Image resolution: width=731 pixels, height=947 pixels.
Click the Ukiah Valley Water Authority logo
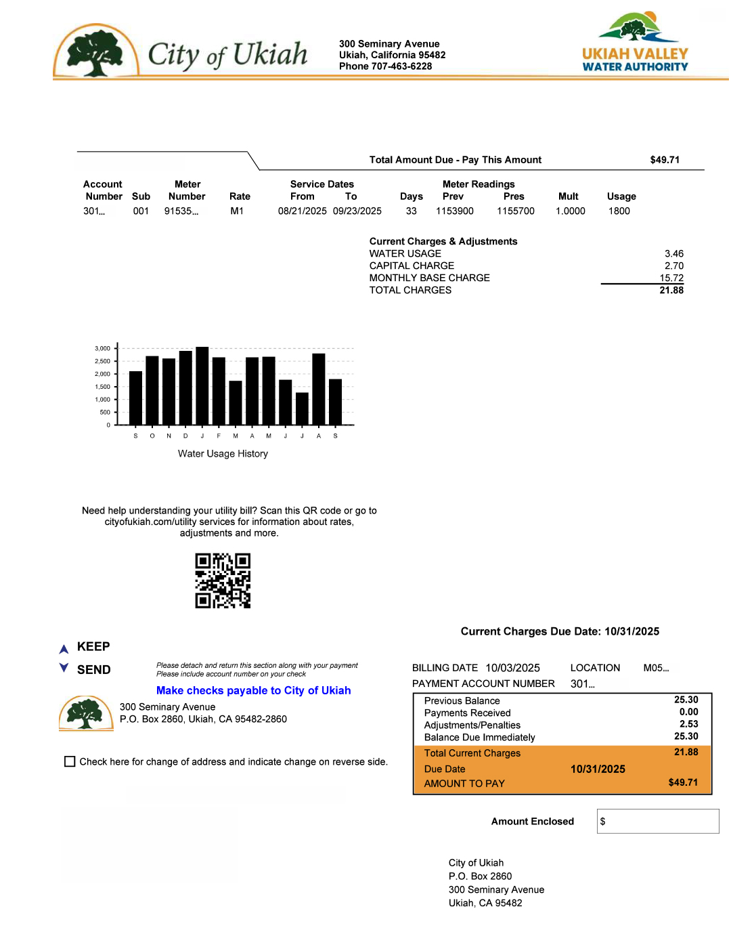[x=635, y=42]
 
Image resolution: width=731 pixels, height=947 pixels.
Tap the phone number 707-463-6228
[x=401, y=66]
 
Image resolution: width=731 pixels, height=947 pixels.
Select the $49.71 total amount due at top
[x=665, y=160]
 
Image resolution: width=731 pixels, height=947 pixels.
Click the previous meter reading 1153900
[x=454, y=211]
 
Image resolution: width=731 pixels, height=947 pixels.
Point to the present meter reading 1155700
[x=515, y=211]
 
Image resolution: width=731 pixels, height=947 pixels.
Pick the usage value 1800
[x=619, y=211]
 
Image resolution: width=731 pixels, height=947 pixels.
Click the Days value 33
[x=411, y=211]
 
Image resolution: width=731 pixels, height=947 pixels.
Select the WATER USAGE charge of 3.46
[x=673, y=254]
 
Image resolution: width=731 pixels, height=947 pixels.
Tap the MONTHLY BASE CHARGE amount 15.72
[x=671, y=278]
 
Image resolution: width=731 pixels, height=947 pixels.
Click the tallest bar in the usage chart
[x=202, y=386]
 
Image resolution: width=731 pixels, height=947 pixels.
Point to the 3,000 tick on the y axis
[x=102, y=349]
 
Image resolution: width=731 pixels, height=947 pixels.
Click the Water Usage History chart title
[x=223, y=454]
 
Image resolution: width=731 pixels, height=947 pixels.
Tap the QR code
[x=223, y=581]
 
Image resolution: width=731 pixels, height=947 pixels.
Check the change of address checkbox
[x=70, y=761]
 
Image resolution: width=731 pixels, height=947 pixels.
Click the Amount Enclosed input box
[x=657, y=821]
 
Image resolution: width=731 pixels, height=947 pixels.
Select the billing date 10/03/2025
[x=512, y=668]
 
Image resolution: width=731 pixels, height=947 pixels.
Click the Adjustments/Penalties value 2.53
[x=688, y=724]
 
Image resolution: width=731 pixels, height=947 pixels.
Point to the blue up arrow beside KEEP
[x=64, y=649]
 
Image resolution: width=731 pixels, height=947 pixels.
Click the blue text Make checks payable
[x=253, y=690]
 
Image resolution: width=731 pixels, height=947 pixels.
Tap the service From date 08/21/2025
[x=302, y=211]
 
